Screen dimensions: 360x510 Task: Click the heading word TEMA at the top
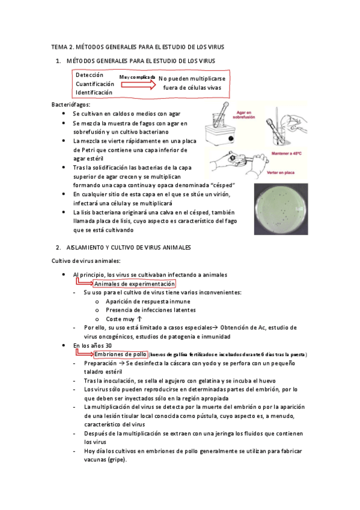(59, 47)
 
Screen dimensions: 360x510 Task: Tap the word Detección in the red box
(90, 75)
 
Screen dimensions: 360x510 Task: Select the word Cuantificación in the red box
(95, 84)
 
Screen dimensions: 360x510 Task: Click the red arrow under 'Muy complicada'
(138, 85)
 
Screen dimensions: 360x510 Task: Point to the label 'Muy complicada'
(137, 77)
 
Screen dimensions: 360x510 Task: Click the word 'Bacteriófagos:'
(71, 105)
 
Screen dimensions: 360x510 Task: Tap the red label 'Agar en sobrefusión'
(243, 115)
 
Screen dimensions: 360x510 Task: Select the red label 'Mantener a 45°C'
(286, 153)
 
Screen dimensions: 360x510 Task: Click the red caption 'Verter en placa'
(281, 173)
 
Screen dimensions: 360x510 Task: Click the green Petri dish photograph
(281, 209)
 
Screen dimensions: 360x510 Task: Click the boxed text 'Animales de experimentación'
(135, 284)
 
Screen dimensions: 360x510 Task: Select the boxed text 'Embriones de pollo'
(120, 354)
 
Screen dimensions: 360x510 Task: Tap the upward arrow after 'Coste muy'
(139, 319)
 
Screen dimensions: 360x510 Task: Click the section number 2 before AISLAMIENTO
(58, 248)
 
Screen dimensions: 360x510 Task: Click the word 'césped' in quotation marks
(222, 185)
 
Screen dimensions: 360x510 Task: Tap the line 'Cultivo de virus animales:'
(86, 261)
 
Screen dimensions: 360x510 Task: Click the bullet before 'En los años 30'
(64, 345)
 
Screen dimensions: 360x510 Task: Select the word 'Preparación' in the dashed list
(100, 363)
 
